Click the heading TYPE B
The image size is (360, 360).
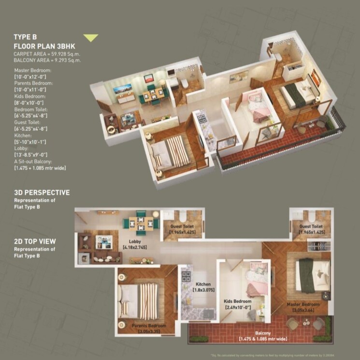click(x=25, y=37)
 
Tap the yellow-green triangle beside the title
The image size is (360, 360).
click(x=90, y=38)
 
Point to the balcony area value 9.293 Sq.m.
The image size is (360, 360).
click(x=61, y=60)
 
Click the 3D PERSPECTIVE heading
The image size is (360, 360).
click(x=42, y=193)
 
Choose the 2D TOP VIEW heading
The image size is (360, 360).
click(x=35, y=241)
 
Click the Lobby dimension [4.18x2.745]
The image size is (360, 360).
click(x=135, y=247)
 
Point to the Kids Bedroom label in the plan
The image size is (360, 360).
click(x=237, y=300)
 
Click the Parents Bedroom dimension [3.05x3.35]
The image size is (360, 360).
click(x=148, y=332)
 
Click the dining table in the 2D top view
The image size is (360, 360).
click(x=141, y=224)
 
